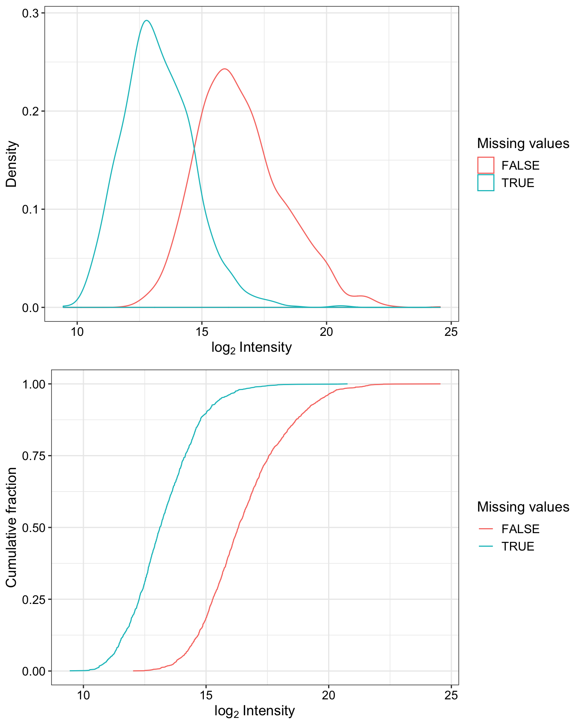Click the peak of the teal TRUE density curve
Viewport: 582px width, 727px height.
pos(147,21)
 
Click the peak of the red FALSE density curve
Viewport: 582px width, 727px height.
pos(225,69)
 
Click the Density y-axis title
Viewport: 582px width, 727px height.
pos(12,164)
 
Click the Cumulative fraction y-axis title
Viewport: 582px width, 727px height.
pos(12,527)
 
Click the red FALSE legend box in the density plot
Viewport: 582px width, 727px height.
pos(486,165)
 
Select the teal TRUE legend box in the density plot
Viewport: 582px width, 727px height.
pos(486,183)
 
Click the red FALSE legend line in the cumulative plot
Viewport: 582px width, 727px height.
pos(486,529)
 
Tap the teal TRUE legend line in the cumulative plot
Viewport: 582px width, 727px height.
pos(486,546)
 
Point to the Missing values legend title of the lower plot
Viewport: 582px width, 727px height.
pos(523,507)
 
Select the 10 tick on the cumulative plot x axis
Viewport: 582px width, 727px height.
pos(83,695)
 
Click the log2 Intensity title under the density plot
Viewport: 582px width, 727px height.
pos(252,348)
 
